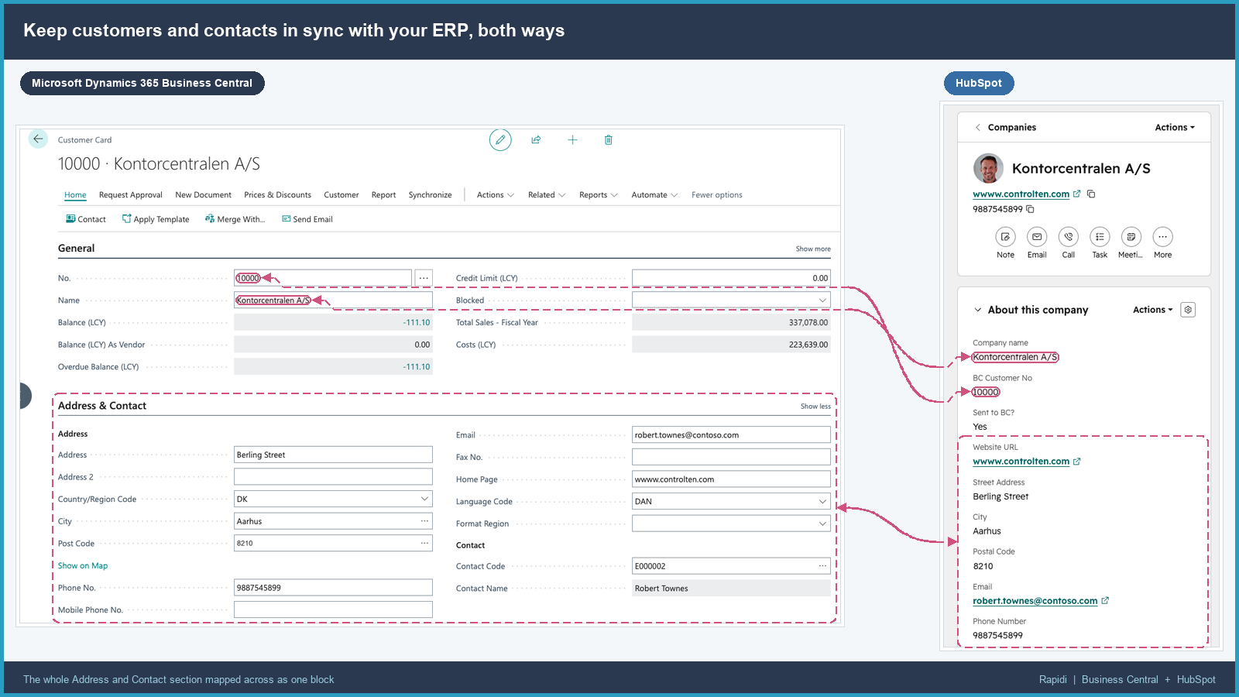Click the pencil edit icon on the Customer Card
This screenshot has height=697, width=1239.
point(500,140)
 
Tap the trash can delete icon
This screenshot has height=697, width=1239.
point(609,140)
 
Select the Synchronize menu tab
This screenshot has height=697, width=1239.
point(430,194)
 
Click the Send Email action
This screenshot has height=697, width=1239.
point(307,219)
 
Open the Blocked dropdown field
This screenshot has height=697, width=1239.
point(731,300)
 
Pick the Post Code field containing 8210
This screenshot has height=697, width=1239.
point(333,543)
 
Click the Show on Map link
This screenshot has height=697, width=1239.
point(83,565)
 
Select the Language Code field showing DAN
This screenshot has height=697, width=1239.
point(731,501)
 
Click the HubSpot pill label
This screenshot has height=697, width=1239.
point(979,83)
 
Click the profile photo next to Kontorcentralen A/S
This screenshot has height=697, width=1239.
point(988,168)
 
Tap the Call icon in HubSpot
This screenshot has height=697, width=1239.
point(1068,237)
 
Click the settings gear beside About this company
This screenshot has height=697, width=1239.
point(1188,310)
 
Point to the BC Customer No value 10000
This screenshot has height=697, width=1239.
point(986,392)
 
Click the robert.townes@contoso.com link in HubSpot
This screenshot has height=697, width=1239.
point(1035,601)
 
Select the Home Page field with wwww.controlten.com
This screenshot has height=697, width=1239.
point(731,479)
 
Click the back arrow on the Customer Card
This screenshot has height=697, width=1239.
point(38,139)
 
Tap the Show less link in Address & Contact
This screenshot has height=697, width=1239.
point(815,406)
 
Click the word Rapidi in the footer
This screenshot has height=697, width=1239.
point(1052,679)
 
